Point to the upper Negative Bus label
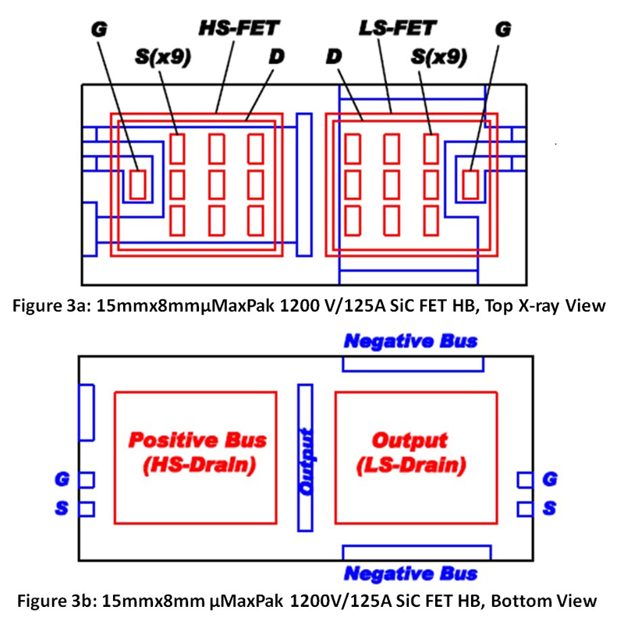point(411,340)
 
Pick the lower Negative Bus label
point(411,574)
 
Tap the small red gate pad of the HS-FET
point(137,185)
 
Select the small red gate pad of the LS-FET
point(470,185)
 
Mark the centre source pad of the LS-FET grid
point(392,184)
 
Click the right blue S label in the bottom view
point(550,509)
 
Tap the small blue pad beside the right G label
point(526,478)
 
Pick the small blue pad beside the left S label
point(87,509)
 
